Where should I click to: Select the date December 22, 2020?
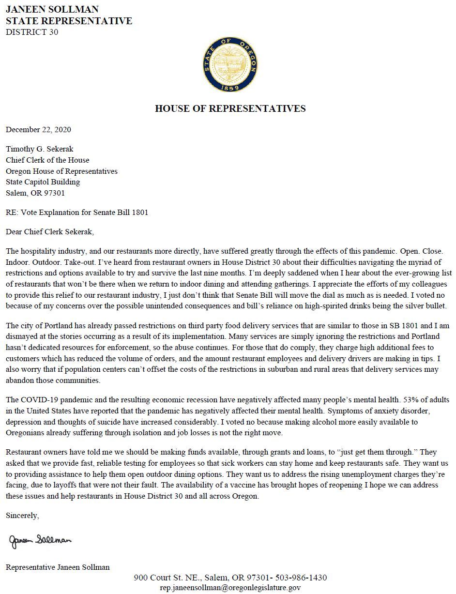pos(38,129)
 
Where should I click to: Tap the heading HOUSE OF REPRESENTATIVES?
pos(230,108)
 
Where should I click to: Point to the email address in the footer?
pos(230,587)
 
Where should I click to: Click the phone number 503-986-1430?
pos(301,578)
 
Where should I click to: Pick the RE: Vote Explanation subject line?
pos(77,212)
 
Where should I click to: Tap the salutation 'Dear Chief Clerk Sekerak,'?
pos(50,231)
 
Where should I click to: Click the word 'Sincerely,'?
pos(22,516)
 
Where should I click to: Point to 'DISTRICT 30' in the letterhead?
pos(32,32)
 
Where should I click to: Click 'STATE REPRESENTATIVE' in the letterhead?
pos(69,21)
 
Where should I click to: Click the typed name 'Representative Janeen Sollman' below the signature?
pos(58,567)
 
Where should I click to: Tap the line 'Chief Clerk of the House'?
pos(47,160)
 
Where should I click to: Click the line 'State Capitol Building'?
pos(43,182)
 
